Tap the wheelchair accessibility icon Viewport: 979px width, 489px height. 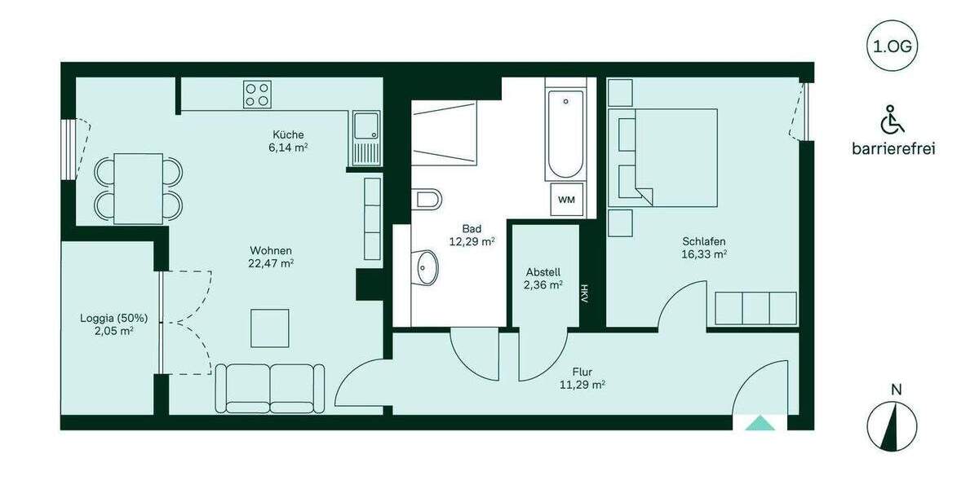[893, 120]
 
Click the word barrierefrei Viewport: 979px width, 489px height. [893, 148]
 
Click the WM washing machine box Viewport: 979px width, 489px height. [565, 200]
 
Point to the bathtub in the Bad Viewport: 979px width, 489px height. [565, 134]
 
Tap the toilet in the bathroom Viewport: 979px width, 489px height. [426, 199]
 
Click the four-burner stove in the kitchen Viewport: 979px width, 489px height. [257, 95]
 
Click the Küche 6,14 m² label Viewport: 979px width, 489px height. [289, 140]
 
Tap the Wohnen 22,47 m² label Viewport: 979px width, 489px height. [271, 257]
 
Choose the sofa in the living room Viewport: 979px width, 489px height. [269, 388]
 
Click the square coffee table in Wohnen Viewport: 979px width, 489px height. [269, 328]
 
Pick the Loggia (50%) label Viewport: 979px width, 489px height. [113, 324]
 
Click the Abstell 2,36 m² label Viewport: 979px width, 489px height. [543, 278]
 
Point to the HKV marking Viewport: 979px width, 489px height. [584, 293]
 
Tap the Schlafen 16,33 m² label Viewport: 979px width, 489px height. [704, 247]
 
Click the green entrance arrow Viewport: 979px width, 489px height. [760, 422]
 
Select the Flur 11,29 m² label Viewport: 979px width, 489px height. [582, 378]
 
